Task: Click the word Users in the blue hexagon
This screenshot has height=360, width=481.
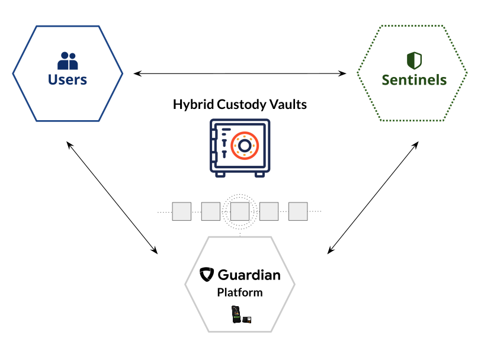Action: [x=68, y=79]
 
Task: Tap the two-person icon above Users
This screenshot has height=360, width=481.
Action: [x=68, y=60]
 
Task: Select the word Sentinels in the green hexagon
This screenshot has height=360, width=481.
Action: [x=414, y=80]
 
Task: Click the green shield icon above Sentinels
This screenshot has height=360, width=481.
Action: [x=414, y=60]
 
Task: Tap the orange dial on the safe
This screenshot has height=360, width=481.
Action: [x=243, y=146]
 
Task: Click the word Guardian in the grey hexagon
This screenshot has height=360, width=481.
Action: [x=249, y=275]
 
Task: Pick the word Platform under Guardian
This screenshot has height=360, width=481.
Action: [x=240, y=292]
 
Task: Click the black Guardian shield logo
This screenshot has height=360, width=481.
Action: [x=206, y=274]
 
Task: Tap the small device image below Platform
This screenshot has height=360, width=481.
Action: [x=240, y=315]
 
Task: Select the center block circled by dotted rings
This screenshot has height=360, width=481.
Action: [x=240, y=211]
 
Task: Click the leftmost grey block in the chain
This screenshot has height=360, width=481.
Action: [x=182, y=211]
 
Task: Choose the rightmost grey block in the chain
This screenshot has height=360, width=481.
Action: [x=298, y=211]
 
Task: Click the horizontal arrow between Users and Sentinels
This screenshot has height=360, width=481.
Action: [x=240, y=73]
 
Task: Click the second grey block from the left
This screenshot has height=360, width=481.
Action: [x=211, y=211]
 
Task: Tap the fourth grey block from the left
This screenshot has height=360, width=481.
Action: [x=269, y=211]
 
